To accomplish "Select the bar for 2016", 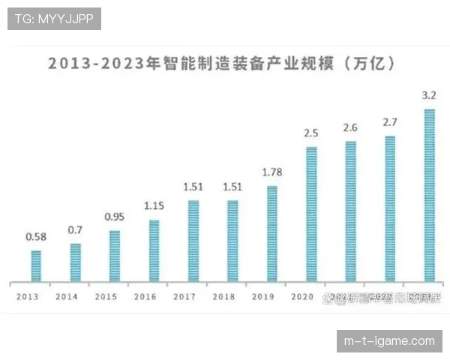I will click(x=154, y=250).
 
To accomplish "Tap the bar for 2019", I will click(x=271, y=233).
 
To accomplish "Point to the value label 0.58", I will click(x=36, y=237).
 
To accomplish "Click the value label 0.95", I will click(x=114, y=217).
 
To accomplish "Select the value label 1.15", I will click(x=154, y=206).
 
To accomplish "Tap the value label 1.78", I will click(x=271, y=172).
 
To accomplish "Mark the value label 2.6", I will click(x=350, y=127).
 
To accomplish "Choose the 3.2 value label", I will click(x=429, y=95).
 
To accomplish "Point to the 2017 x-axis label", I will click(x=184, y=296).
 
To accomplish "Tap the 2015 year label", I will click(x=106, y=296).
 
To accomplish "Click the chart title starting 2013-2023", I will click(x=222, y=63).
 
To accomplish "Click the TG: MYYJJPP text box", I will click(x=53, y=18).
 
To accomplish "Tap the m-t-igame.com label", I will click(x=389, y=340).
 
